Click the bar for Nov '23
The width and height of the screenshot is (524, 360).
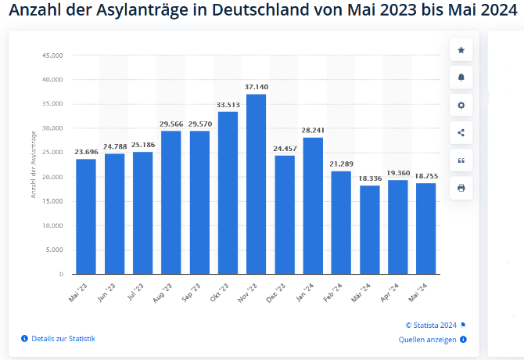tap(256, 184)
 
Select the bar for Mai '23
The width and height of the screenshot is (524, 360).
tap(86, 217)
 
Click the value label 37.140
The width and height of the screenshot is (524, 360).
tap(256, 87)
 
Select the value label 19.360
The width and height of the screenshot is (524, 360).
tap(398, 173)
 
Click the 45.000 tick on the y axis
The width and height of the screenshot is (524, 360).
tap(52, 56)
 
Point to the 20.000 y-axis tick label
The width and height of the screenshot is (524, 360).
tap(52, 177)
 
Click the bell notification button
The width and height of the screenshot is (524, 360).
tap(461, 77)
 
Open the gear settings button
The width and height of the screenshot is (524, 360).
tap(461, 105)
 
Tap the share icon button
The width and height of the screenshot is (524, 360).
tap(461, 132)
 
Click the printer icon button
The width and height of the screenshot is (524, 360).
tap(461, 188)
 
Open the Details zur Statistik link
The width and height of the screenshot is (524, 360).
tap(63, 338)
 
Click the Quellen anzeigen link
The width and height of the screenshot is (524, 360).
tap(428, 340)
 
